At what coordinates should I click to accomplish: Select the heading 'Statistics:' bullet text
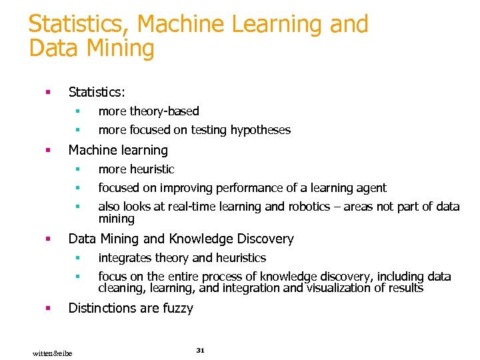97,92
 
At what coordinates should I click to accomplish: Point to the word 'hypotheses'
261,130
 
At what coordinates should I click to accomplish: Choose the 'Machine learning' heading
118,151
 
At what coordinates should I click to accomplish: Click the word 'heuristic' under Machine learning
151,169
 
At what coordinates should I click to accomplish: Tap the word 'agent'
371,188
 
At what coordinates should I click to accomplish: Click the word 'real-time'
189,207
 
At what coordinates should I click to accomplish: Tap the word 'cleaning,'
121,288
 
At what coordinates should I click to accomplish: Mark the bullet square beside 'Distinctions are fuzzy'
48,308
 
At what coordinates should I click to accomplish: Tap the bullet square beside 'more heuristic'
77,169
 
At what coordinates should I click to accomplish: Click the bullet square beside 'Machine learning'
48,151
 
